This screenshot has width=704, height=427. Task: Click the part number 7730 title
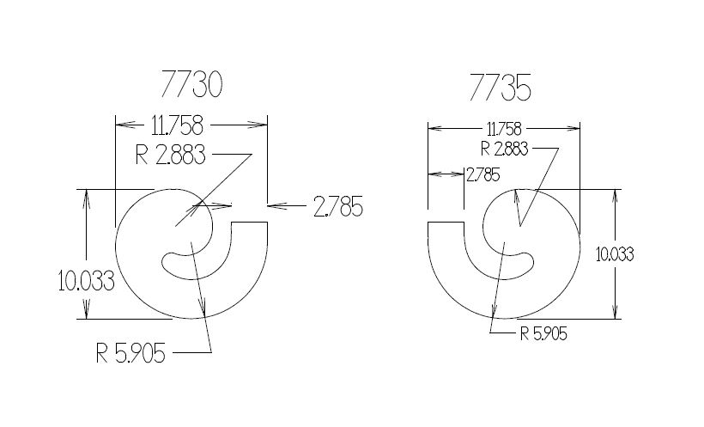click(191, 84)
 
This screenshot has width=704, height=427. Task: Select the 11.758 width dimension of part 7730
click(178, 125)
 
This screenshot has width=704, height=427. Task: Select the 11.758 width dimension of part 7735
click(504, 130)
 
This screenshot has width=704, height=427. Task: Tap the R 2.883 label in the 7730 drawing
click(171, 155)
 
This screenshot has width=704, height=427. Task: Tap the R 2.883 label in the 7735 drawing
click(504, 149)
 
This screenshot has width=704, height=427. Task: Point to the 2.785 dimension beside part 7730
click(338, 207)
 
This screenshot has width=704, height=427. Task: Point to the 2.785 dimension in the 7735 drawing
click(483, 175)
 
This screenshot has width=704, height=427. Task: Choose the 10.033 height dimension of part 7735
click(615, 255)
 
